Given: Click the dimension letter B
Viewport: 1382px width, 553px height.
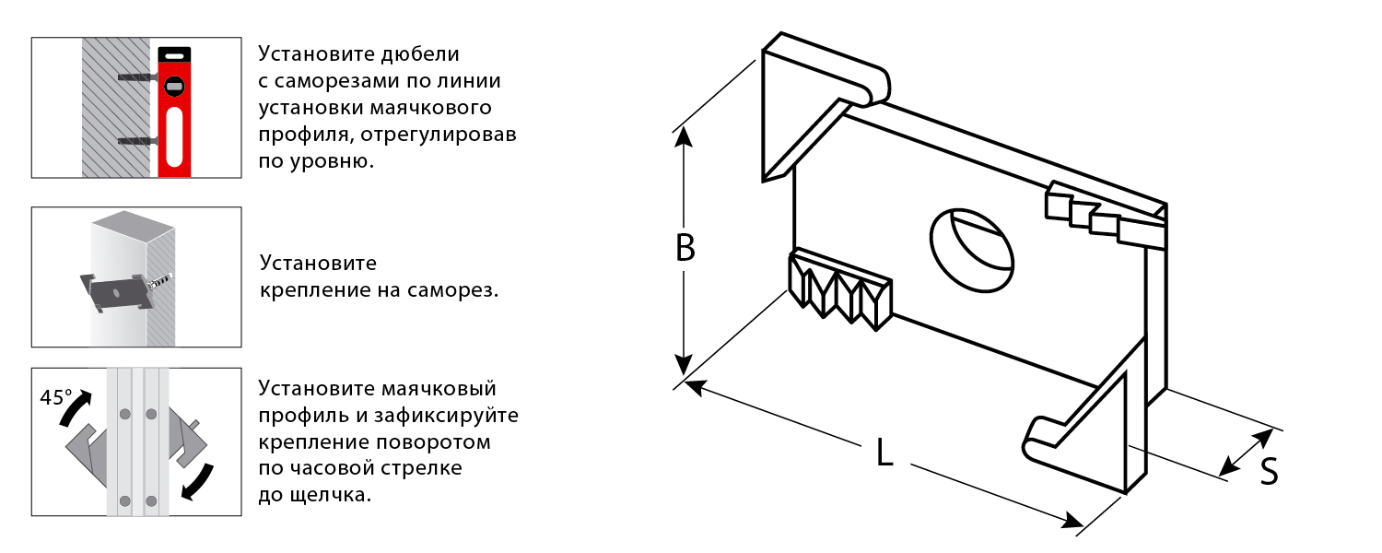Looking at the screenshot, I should pyautogui.click(x=685, y=249).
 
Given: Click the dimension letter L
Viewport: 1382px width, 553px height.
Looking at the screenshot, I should pyautogui.click(x=884, y=453).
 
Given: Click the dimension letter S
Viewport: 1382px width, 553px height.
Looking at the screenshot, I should pyautogui.click(x=1269, y=472).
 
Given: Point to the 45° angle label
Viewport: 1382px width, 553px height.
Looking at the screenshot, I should pyautogui.click(x=56, y=398).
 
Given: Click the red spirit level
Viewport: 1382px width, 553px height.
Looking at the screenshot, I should pyautogui.click(x=173, y=110).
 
